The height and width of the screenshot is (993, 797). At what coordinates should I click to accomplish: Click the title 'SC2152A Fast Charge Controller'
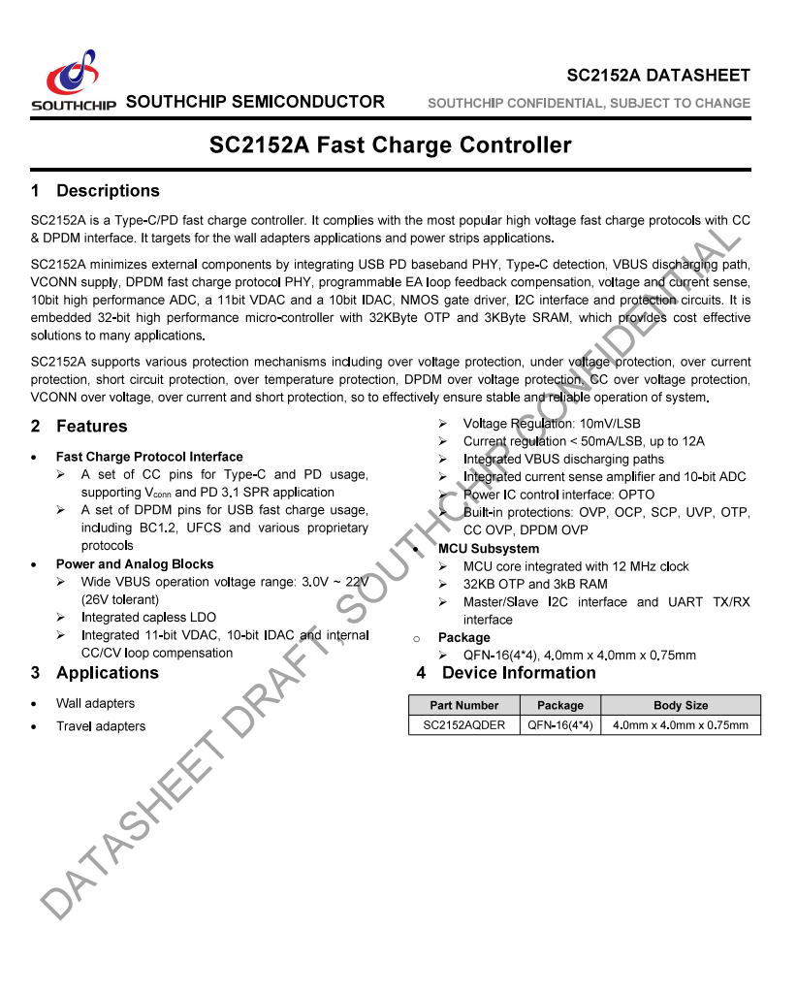pos(390,145)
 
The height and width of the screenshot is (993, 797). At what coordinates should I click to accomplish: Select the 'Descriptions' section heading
pos(107,191)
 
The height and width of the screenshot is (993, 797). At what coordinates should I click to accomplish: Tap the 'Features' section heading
pos(91,427)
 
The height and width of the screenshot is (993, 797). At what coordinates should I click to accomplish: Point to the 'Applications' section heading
pos(107,673)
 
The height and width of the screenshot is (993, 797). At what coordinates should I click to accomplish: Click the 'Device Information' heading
pos(519,673)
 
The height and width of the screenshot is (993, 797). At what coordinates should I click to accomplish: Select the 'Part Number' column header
pos(464,706)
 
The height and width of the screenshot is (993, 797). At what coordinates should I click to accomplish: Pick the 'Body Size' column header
pos(681,706)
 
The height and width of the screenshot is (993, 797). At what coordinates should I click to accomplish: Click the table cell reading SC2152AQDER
pos(464,725)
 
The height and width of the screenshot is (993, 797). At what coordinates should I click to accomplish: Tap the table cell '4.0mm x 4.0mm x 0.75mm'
pos(681,725)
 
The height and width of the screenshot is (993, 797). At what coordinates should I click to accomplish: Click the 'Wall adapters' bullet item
pos(95,704)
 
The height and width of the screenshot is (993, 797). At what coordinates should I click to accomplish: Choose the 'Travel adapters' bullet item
pos(101,726)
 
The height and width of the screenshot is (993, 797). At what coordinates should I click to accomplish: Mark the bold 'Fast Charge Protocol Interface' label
pos(149,457)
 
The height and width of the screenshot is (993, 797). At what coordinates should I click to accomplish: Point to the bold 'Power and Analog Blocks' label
pos(135,564)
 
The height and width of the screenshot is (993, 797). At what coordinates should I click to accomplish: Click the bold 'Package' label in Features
pos(463,638)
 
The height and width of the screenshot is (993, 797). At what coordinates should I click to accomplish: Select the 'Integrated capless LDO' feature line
pos(148,618)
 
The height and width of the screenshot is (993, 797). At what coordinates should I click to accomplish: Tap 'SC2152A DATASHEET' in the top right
pos(658,76)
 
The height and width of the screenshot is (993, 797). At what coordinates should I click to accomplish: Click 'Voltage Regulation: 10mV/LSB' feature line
pos(552,424)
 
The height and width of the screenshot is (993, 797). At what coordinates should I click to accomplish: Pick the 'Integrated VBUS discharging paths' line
pos(563,460)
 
